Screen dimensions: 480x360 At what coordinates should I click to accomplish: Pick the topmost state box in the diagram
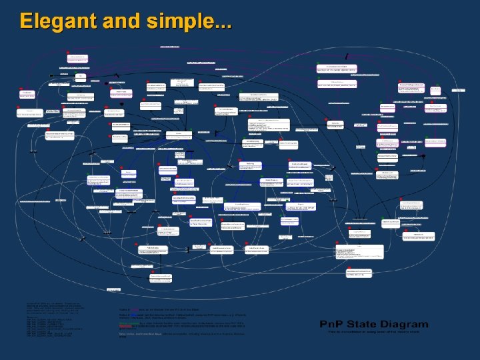click(x=169, y=47)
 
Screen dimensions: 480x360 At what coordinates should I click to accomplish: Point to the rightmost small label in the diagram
click(x=459, y=89)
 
